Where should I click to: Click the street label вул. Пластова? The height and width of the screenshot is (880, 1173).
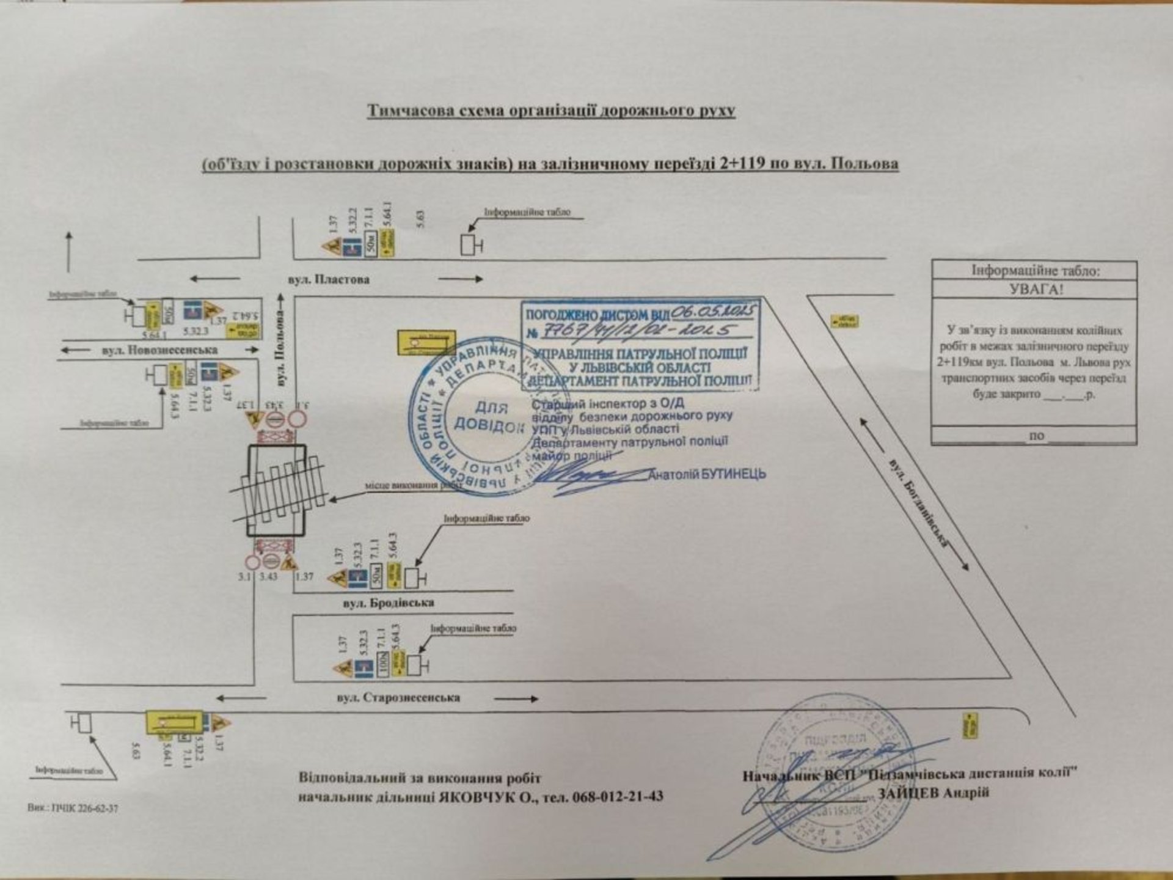tap(329, 280)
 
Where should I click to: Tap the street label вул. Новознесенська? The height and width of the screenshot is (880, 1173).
tap(158, 350)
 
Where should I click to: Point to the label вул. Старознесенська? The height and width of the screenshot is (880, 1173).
tap(398, 697)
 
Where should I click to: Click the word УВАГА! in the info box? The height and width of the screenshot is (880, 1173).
tap(1034, 289)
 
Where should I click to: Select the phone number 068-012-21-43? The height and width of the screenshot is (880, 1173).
tap(615, 797)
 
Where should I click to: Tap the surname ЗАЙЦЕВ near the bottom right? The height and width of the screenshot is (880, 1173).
tap(904, 793)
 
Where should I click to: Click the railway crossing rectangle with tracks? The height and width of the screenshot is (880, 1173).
tap(276, 491)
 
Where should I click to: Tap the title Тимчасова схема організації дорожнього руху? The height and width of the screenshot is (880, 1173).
tap(550, 111)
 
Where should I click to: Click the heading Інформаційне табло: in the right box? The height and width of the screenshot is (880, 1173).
tap(1034, 270)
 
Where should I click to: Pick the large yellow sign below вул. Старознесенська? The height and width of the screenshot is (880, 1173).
tap(175, 722)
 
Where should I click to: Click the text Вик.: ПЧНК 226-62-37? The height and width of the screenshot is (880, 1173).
tap(73, 808)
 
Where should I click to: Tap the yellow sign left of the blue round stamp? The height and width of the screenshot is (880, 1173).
tap(426, 342)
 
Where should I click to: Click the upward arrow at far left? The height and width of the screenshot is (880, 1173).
tap(68, 252)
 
